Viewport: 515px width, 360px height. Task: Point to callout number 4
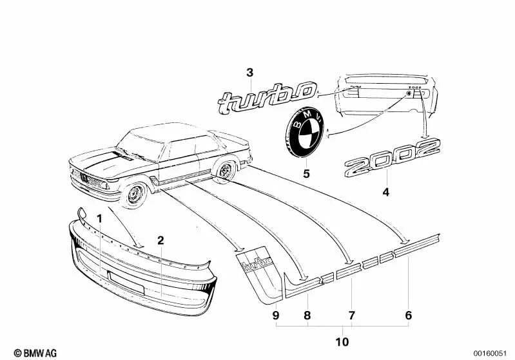386,192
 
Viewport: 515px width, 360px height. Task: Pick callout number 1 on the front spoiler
99,218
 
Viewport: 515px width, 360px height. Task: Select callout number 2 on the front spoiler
160,241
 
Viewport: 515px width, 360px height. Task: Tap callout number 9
275,316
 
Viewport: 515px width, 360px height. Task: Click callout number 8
307,316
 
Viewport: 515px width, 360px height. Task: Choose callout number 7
352,316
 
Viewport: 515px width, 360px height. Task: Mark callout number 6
407,316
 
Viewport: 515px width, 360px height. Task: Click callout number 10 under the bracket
343,341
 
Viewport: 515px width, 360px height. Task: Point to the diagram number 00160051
491,353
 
